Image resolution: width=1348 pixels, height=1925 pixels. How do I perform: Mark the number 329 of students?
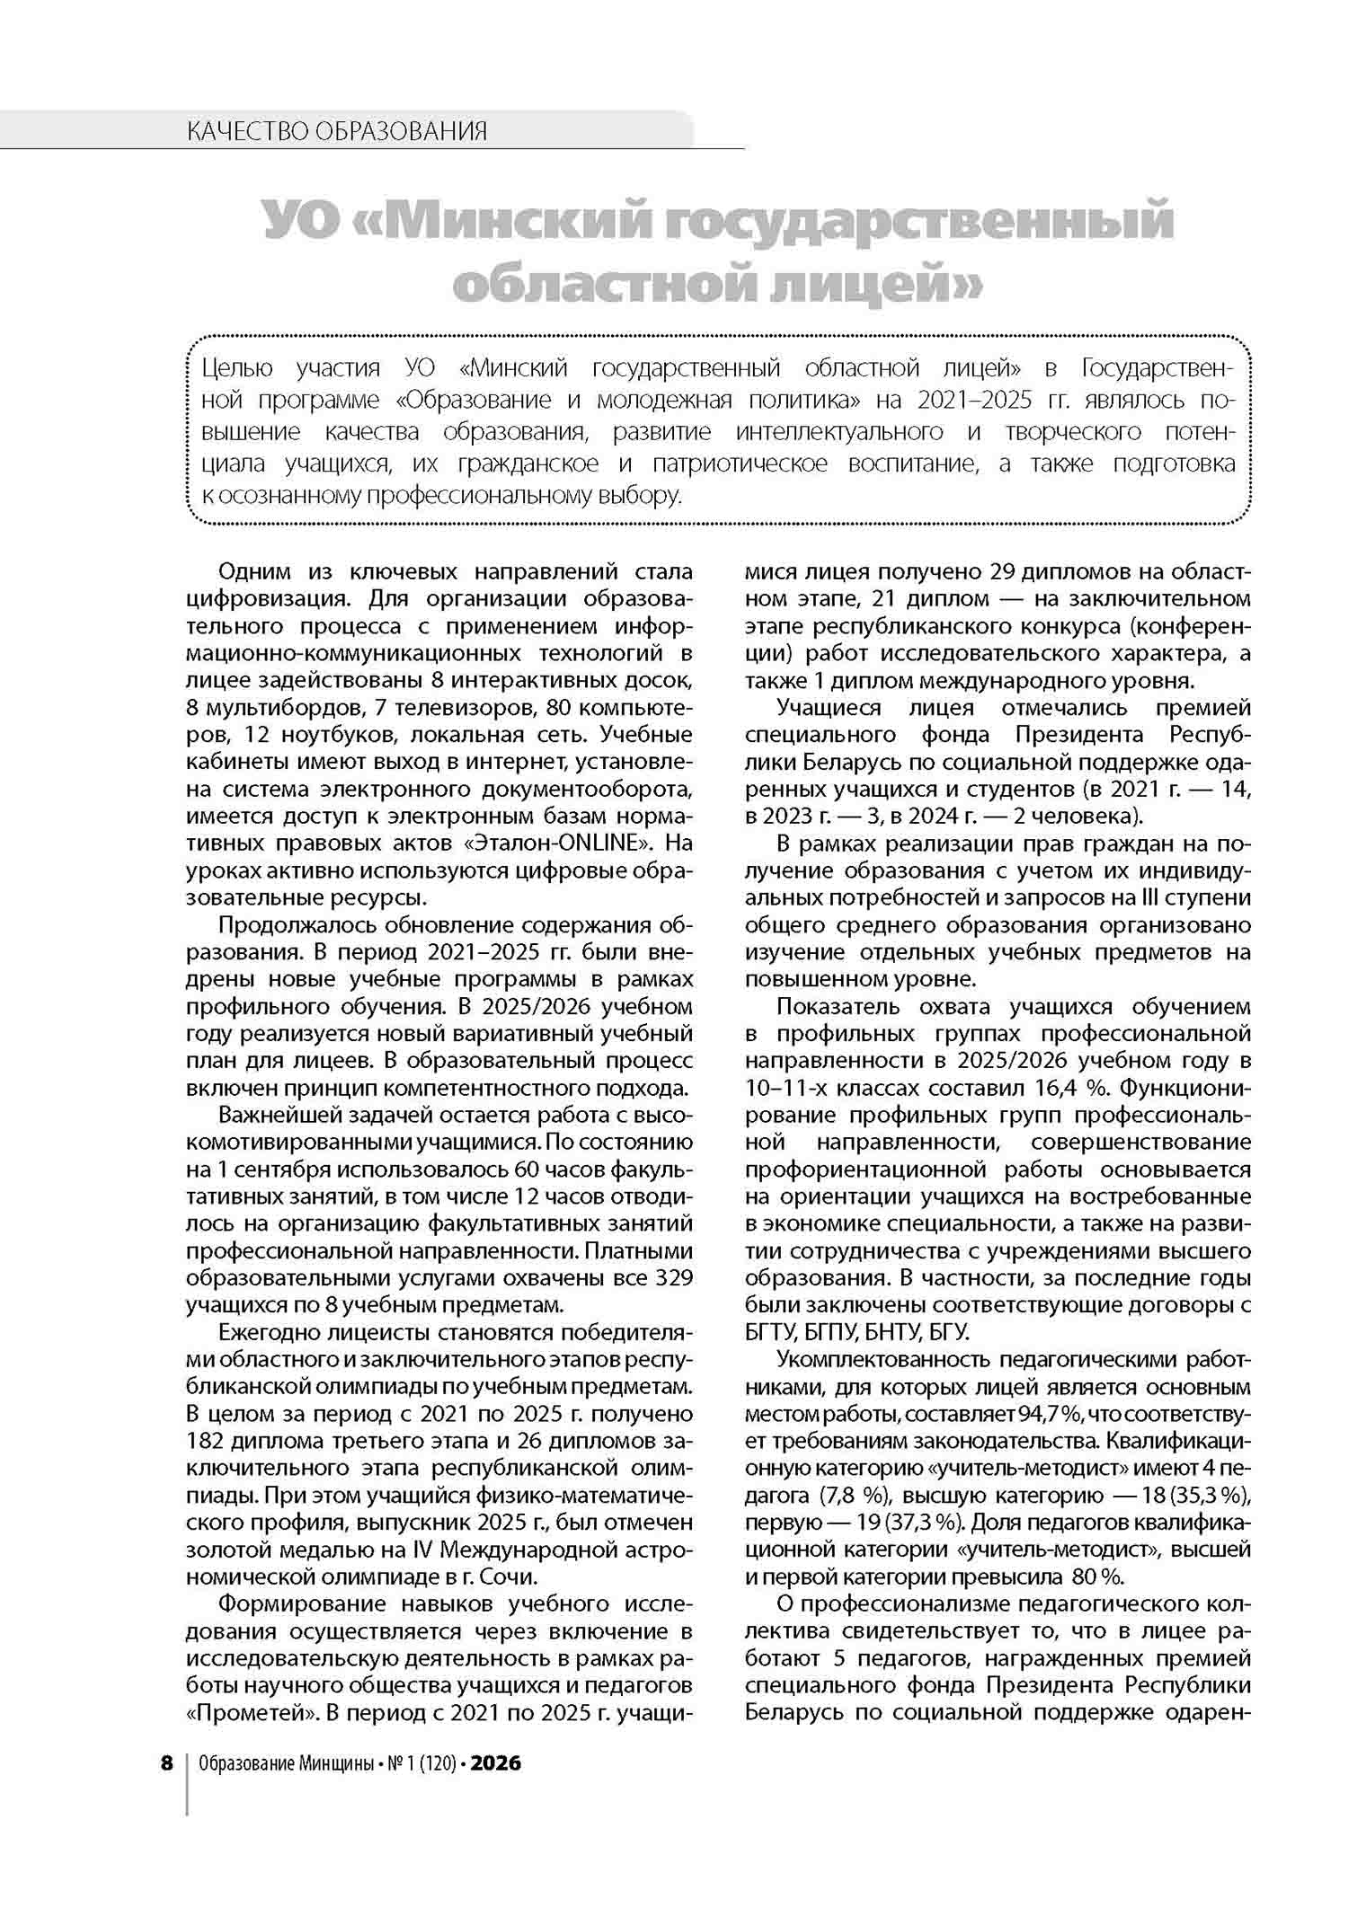[675, 1277]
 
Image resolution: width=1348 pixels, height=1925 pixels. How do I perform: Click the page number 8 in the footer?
[166, 1763]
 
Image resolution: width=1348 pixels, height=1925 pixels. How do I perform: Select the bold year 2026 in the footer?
[496, 1763]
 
